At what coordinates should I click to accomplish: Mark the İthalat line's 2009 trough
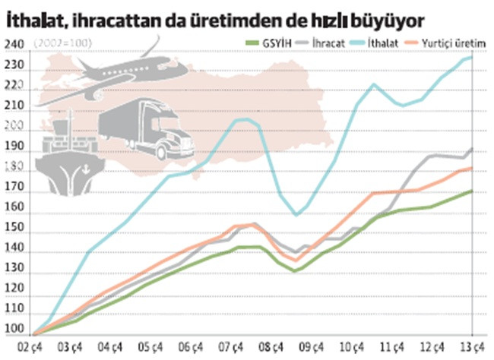click(296, 215)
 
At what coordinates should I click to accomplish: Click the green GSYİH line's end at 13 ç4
click(471, 191)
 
